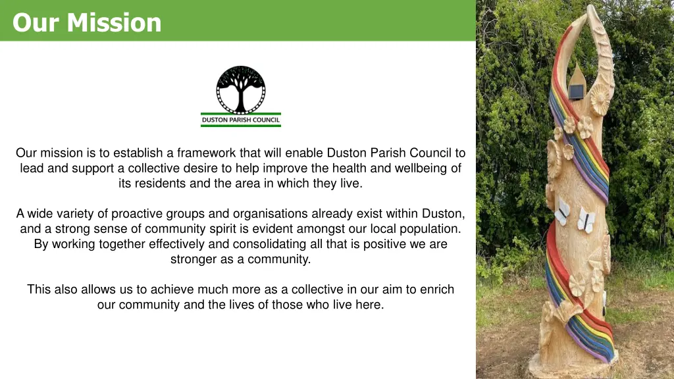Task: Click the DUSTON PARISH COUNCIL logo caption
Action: pos(241,120)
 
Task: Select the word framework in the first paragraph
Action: pos(204,153)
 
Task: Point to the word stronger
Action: pos(192,259)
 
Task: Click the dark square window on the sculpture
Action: pos(577,91)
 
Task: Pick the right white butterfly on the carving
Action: pos(585,219)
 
